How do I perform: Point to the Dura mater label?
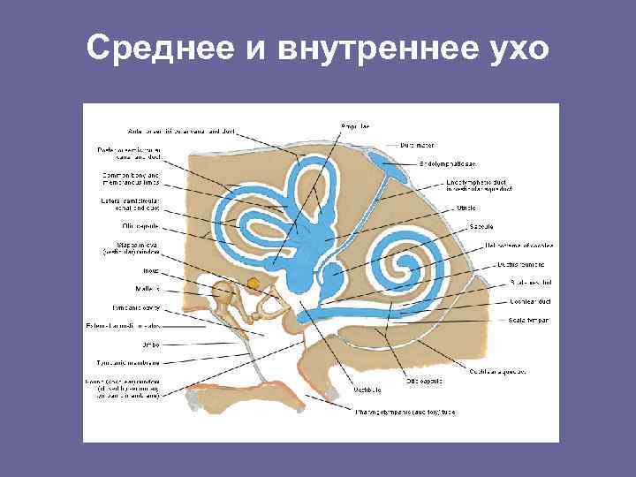418,144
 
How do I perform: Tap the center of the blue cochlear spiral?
411,265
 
